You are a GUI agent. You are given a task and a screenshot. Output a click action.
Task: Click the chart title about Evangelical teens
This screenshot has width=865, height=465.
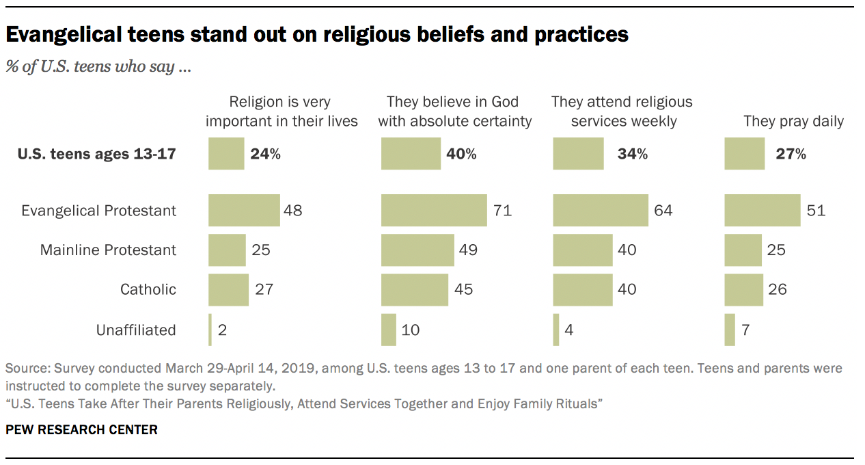pos(317,35)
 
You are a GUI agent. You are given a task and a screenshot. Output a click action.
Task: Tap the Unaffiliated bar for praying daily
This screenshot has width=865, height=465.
pos(730,330)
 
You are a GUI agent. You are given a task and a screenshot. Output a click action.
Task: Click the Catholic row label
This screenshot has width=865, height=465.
pos(148,289)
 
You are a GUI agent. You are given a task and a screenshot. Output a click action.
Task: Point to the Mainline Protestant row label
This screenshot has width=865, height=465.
pos(108,250)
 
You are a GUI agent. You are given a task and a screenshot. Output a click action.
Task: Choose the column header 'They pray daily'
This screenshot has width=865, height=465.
pos(793,122)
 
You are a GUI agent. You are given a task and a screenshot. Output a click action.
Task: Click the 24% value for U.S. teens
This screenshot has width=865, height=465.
pos(265,154)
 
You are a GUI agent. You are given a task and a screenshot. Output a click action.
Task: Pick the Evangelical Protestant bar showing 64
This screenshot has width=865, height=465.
pos(601,211)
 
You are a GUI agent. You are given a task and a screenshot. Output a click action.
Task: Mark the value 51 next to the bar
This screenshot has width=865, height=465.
pos(816,211)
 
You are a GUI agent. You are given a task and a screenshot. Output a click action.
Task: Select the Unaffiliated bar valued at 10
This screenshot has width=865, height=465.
pos(389,330)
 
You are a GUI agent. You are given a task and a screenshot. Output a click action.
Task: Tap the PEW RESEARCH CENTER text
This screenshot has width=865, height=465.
pos(81,430)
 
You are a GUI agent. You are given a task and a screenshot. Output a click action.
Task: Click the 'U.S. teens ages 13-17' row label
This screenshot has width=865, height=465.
pos(96,154)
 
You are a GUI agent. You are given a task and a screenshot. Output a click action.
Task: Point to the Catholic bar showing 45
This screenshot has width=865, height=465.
pos(415,289)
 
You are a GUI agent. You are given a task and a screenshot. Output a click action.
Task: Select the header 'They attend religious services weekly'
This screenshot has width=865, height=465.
pos(622,111)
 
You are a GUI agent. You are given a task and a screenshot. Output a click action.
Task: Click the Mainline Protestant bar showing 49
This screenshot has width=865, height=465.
pos(417,250)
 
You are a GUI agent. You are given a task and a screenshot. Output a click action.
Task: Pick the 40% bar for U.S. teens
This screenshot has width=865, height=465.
pos(411,154)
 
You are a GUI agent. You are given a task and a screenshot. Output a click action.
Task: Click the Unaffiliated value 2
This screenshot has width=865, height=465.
pos(222,330)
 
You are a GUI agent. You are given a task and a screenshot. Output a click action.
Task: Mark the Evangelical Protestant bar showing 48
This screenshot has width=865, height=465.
pos(244,211)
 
